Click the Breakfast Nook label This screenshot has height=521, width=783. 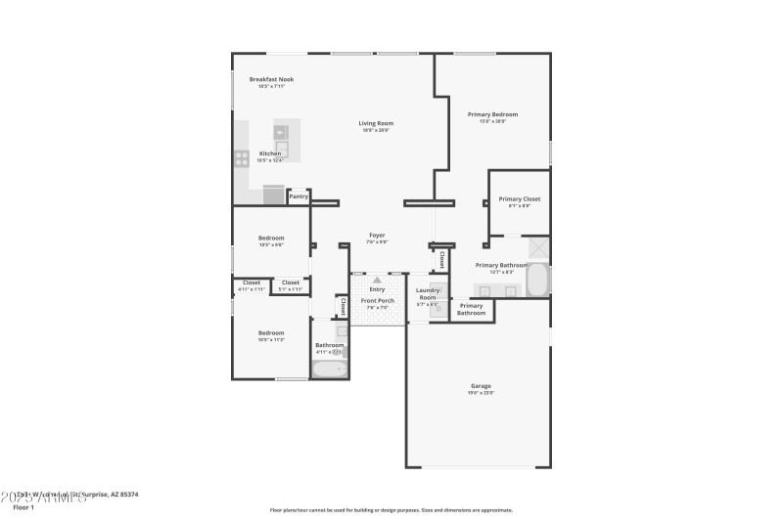click(271, 79)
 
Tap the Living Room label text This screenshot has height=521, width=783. click(376, 123)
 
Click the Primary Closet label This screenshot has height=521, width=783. click(519, 198)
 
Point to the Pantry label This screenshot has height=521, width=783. click(299, 196)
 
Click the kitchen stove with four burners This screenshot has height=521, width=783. click(241, 156)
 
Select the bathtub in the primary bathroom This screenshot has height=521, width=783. click(539, 278)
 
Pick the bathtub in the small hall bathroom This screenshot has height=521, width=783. click(328, 369)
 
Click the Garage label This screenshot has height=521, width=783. click(481, 386)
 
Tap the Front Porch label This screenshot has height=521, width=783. click(377, 301)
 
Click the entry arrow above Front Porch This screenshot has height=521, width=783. click(377, 281)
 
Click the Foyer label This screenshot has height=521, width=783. click(377, 235)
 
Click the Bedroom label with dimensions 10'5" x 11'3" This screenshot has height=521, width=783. click(271, 332)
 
